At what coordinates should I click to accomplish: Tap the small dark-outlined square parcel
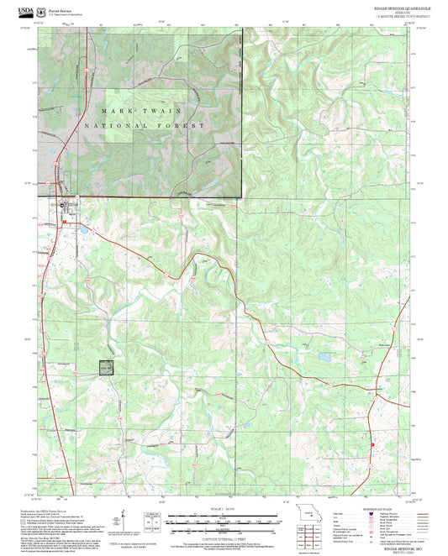105,366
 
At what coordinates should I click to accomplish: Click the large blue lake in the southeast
324,357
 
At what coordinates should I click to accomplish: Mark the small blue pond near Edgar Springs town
84,227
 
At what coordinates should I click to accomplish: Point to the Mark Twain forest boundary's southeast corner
242,197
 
